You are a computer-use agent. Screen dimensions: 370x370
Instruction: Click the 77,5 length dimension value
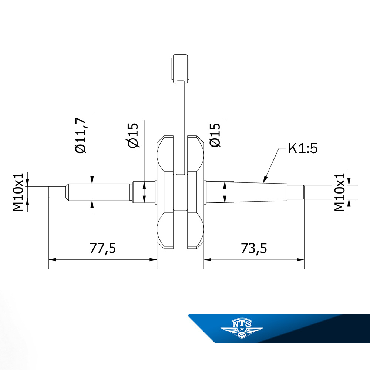pos(103,248)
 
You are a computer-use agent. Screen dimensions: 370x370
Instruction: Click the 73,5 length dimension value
pos(254,248)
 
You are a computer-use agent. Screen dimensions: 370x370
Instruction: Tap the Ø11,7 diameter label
pos(81,135)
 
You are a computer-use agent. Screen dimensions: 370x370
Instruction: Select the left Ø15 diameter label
pos(133,135)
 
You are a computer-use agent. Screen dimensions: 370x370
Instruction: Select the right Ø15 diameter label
pos(215,135)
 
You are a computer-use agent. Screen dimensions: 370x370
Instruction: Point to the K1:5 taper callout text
pos(303,148)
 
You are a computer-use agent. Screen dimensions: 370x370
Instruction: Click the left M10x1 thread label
pos(18,192)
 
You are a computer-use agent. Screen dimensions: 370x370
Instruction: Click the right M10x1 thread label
pos(340,192)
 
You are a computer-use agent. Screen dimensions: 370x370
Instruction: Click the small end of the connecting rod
pos(181,68)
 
